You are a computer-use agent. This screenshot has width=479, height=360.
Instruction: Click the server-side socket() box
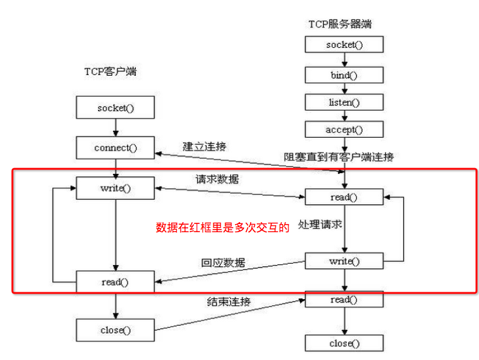344,44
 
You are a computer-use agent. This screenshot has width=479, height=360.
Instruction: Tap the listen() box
344,102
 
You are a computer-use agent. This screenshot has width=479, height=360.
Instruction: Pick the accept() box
344,129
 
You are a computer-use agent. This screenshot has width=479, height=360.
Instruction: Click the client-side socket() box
115,108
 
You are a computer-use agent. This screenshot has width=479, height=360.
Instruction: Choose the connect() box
115,148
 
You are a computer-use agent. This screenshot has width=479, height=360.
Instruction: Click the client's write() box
115,188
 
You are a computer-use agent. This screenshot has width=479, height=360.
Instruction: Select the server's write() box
344,261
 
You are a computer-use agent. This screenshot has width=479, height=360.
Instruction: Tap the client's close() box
115,330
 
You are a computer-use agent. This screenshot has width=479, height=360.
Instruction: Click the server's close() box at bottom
344,343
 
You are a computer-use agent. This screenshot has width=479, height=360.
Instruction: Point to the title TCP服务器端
340,24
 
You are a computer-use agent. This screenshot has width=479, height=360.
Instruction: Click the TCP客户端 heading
110,71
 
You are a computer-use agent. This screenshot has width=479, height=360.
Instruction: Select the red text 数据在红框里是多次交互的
223,228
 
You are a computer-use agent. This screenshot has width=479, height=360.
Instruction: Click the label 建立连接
204,147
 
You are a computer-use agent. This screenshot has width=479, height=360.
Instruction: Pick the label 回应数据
223,262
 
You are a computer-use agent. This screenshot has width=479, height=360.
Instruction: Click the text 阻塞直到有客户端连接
339,157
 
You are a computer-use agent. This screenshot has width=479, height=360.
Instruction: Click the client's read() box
115,281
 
